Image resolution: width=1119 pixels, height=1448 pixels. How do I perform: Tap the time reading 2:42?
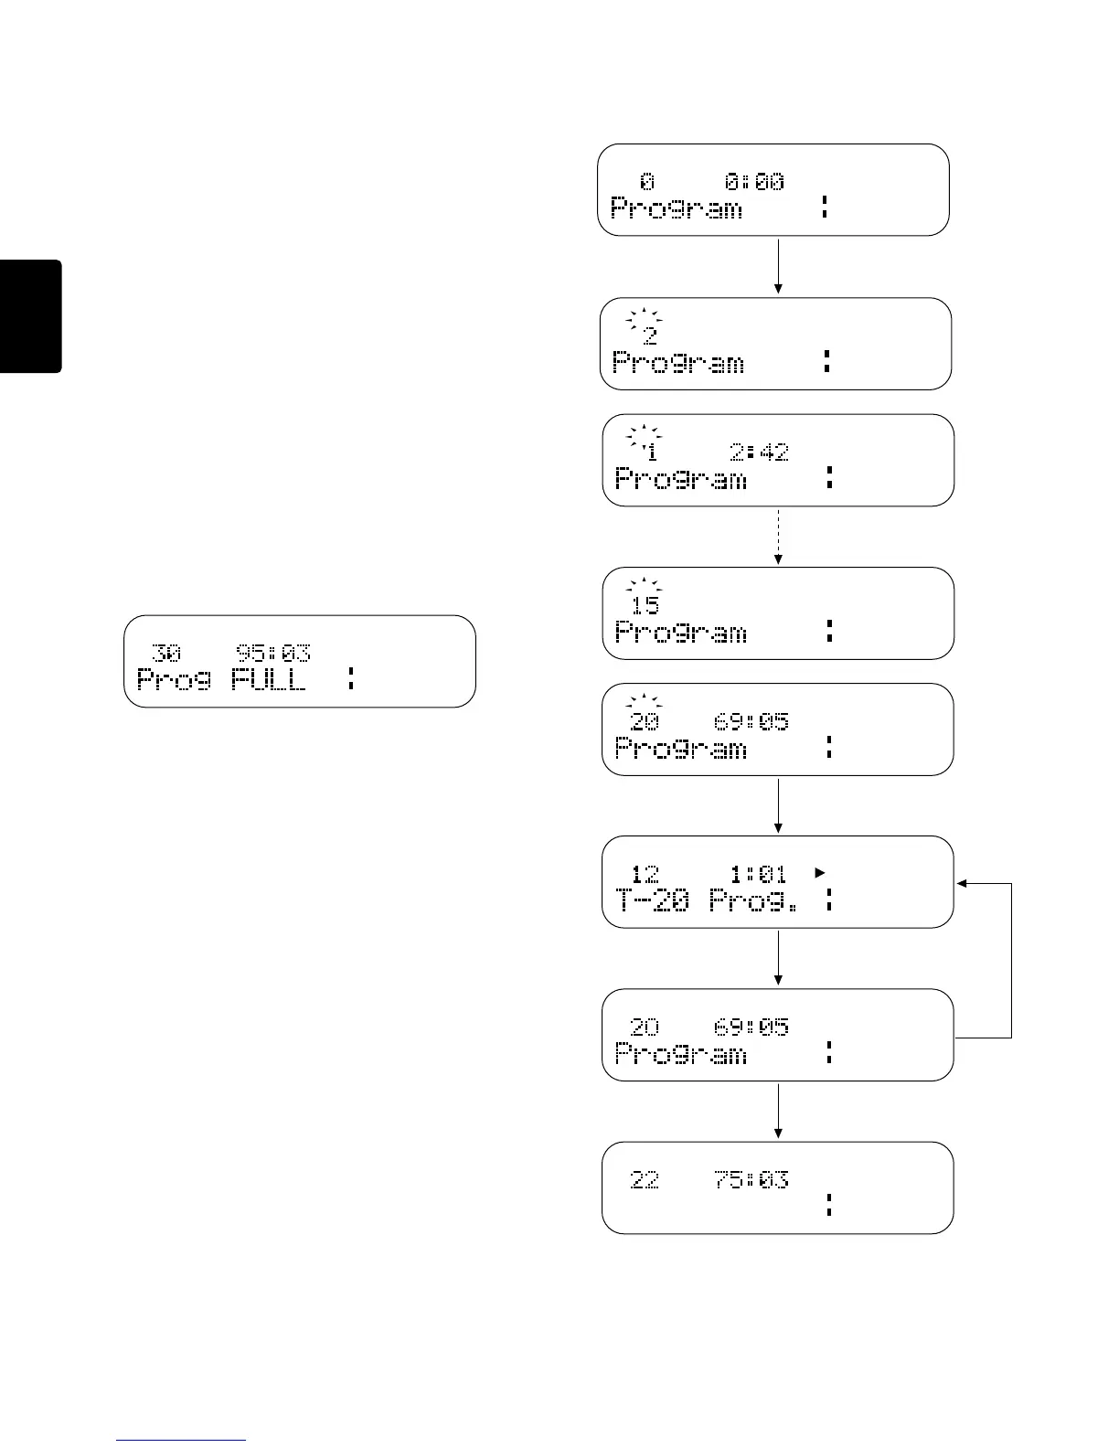[759, 452]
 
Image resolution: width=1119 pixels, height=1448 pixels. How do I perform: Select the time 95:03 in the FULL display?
[273, 653]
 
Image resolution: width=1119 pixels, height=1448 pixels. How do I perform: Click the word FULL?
[268, 680]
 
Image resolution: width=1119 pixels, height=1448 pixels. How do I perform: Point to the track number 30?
[166, 653]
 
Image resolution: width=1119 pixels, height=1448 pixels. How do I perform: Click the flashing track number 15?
[645, 604]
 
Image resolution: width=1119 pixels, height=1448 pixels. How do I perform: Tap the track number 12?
[645, 874]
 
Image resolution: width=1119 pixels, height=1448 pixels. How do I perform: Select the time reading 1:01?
[758, 874]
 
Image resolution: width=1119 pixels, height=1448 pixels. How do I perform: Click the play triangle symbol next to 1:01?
[820, 873]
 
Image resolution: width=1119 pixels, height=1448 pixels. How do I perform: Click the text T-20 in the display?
[653, 901]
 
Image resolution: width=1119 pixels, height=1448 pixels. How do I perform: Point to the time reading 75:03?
[751, 1180]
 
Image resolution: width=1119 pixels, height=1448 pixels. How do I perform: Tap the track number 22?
[645, 1180]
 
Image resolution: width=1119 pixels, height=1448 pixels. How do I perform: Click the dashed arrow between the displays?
[778, 537]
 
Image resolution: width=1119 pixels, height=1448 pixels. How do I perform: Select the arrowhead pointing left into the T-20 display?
[962, 883]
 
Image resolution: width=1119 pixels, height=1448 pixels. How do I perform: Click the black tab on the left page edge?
[30, 316]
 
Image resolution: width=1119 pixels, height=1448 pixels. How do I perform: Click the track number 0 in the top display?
[647, 182]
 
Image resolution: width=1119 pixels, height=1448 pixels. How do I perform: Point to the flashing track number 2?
[649, 335]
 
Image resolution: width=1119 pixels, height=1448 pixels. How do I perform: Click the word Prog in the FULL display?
[174, 680]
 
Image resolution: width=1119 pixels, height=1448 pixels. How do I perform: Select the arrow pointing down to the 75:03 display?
[778, 1111]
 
